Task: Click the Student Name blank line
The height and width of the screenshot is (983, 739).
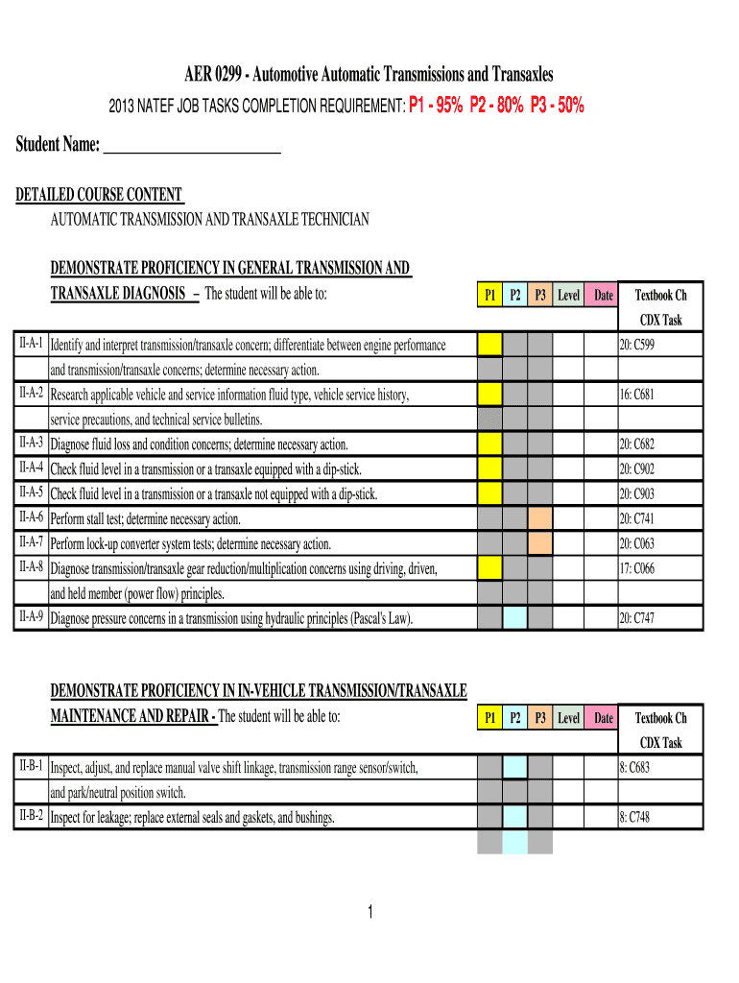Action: point(191,147)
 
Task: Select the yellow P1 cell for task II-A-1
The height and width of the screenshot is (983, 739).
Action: point(489,345)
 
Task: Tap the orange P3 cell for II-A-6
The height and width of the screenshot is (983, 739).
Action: point(540,518)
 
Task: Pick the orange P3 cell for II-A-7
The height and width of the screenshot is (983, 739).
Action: point(540,543)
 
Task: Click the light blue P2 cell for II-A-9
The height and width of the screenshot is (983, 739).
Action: point(515,618)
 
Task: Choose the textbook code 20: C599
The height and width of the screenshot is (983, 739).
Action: point(637,345)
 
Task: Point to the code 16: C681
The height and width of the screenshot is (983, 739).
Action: point(637,395)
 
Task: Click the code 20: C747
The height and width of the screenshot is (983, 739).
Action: point(637,618)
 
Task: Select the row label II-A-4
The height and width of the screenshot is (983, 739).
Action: point(30,468)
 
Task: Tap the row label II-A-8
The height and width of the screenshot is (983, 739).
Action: point(30,567)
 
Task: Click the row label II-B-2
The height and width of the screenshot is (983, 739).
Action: point(30,817)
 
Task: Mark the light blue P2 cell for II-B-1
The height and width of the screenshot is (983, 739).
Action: point(515,767)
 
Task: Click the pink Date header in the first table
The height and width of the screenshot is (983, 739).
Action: point(603,296)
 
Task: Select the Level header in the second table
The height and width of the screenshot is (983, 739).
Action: point(568,718)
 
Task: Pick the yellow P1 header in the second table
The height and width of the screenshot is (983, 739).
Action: point(489,718)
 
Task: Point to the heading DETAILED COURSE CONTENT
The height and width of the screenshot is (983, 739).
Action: point(99,196)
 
